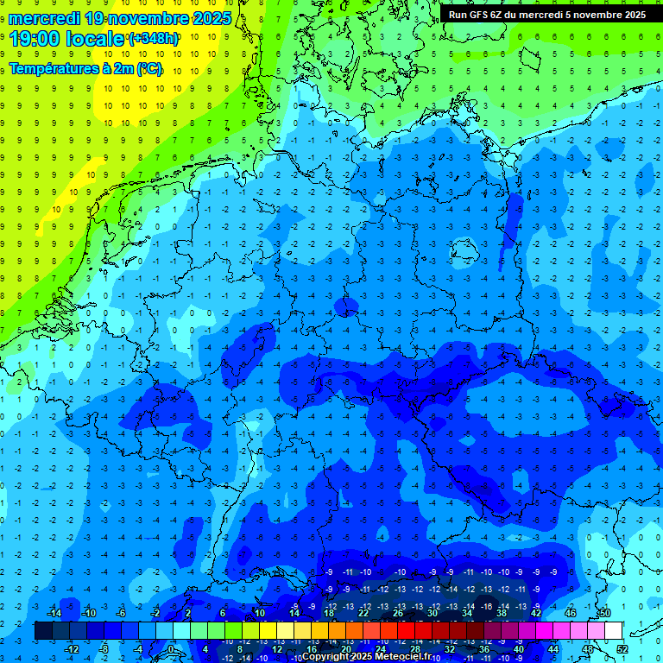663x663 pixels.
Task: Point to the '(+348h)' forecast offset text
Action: tap(155, 39)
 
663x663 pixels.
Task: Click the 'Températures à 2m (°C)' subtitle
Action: tap(85, 68)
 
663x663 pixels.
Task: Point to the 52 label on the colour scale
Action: tap(622, 648)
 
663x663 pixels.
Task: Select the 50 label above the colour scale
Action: tap(605, 613)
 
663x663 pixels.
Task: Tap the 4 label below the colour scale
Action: tap(205, 648)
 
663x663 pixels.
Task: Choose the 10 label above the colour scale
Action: tap(259, 613)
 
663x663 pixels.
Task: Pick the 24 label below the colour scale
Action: tap(381, 648)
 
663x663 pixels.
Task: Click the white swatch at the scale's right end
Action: tap(613, 630)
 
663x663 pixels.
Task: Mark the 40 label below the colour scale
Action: tap(519, 648)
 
